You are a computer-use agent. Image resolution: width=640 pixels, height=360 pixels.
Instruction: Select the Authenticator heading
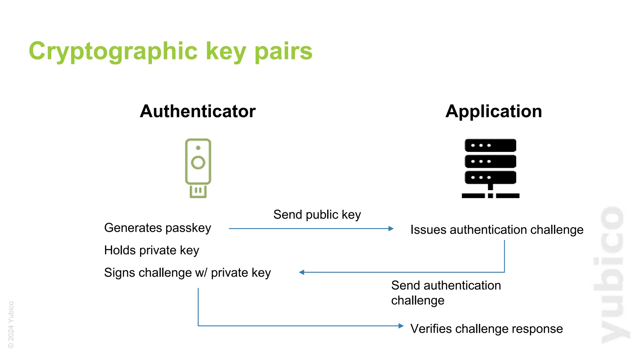point(197,111)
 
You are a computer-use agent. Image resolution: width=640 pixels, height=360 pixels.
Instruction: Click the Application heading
point(493,111)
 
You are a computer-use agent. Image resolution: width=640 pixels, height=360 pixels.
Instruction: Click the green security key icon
point(198,168)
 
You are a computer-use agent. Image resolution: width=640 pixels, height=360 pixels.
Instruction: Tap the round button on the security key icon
point(198,162)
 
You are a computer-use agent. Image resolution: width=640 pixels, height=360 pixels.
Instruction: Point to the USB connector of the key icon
point(198,191)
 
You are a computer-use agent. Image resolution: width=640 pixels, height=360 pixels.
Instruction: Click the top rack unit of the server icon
point(490,145)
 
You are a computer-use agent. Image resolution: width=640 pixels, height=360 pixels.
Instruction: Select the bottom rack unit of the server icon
point(490,177)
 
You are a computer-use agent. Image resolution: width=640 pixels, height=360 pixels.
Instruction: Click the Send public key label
point(317,215)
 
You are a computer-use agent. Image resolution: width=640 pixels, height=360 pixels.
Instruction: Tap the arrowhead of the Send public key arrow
point(391,229)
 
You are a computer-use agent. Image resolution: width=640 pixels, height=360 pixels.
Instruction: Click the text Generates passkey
point(157,228)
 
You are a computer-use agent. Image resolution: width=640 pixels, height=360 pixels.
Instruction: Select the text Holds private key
point(152,250)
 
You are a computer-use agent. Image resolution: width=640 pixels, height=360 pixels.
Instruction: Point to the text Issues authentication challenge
point(497,230)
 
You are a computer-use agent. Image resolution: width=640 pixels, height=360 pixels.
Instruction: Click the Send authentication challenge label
point(446,293)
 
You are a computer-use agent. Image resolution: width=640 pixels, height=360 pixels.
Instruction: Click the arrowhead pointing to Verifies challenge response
point(401,326)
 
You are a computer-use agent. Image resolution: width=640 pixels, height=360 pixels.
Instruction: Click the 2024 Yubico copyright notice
point(11,325)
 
